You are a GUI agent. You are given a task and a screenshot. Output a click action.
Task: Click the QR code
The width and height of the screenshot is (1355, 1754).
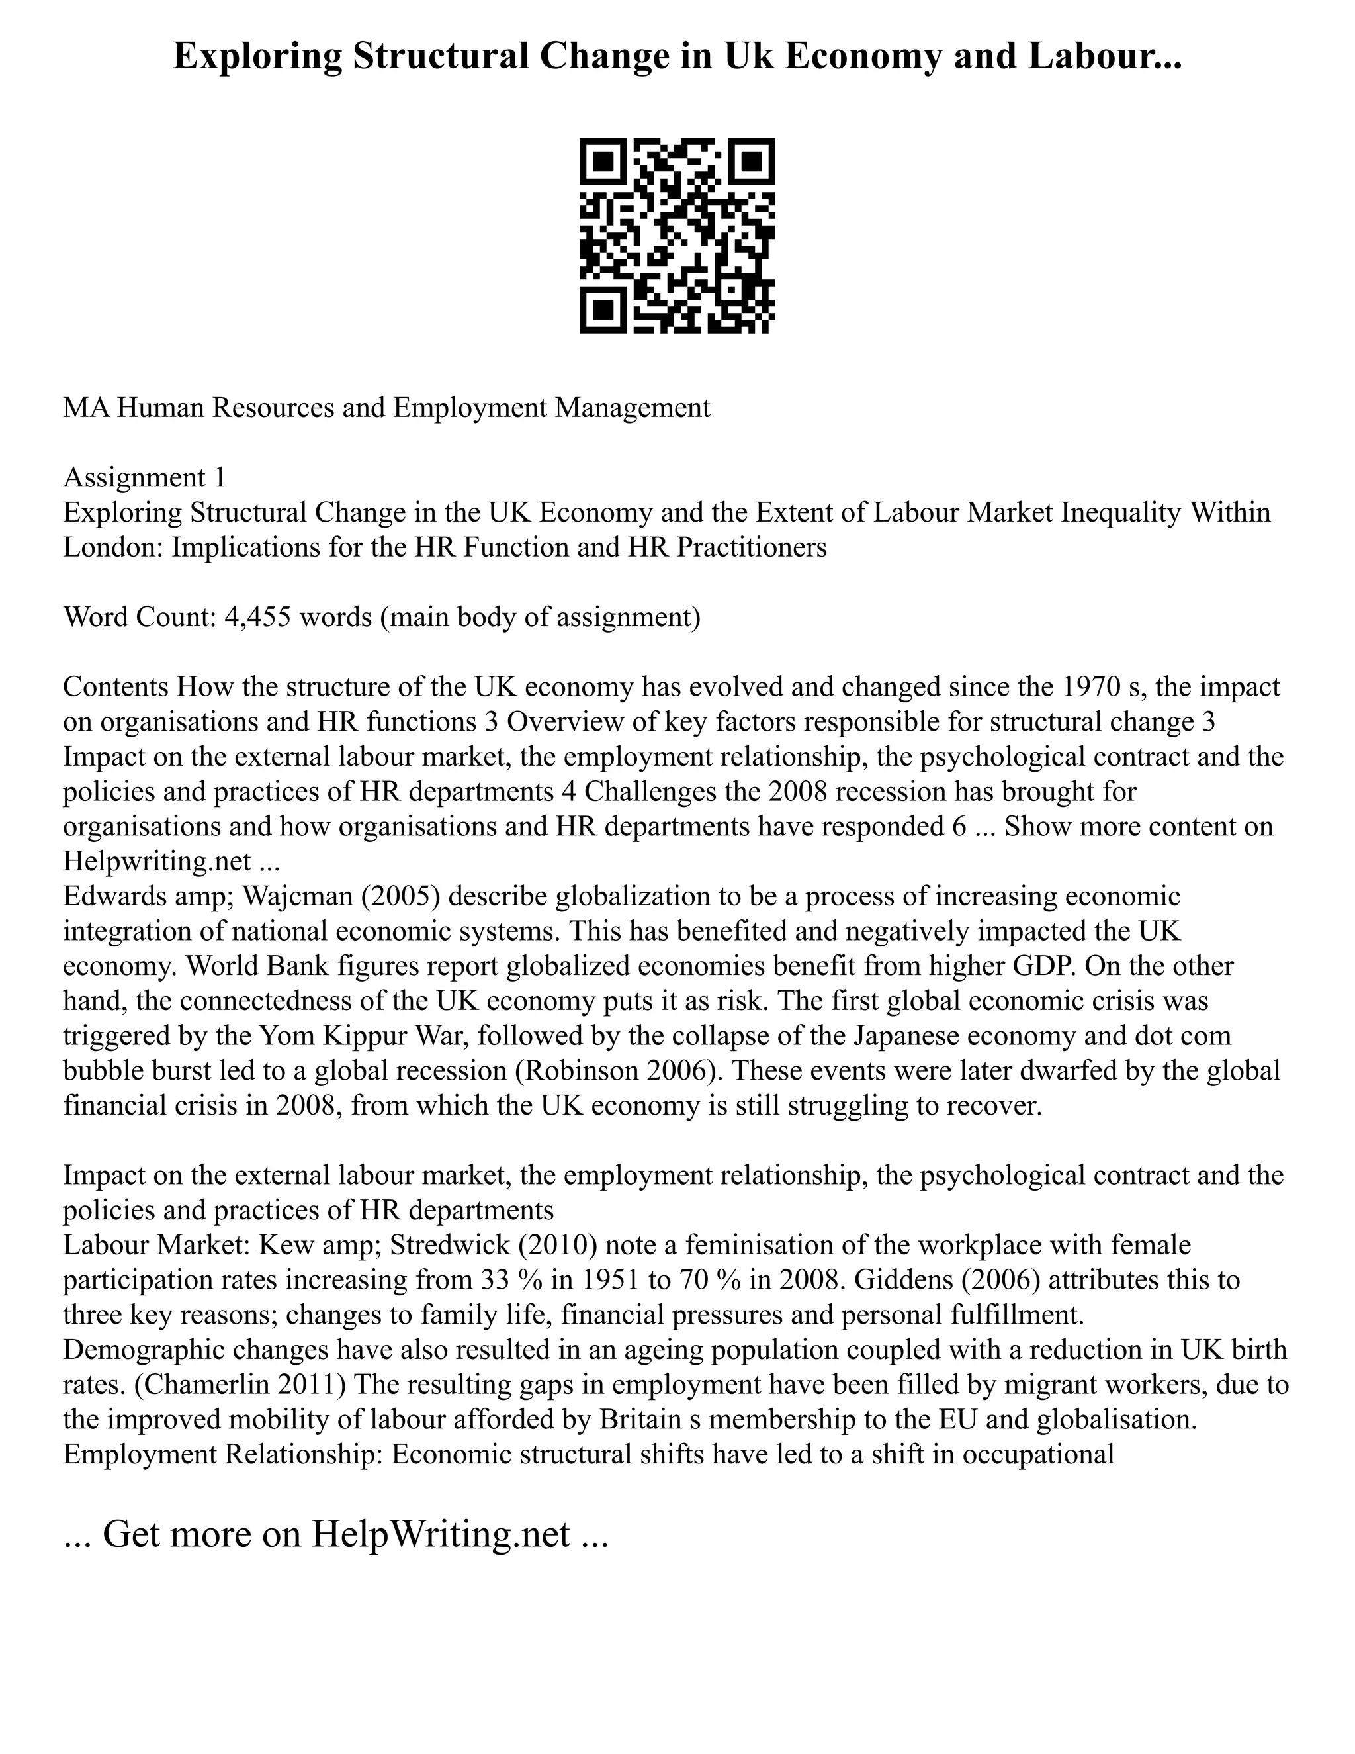coord(677,236)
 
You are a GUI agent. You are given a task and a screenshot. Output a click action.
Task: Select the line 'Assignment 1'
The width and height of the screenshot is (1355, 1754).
coord(144,478)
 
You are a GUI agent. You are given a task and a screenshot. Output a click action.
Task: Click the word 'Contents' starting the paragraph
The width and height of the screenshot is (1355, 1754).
coord(116,688)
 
